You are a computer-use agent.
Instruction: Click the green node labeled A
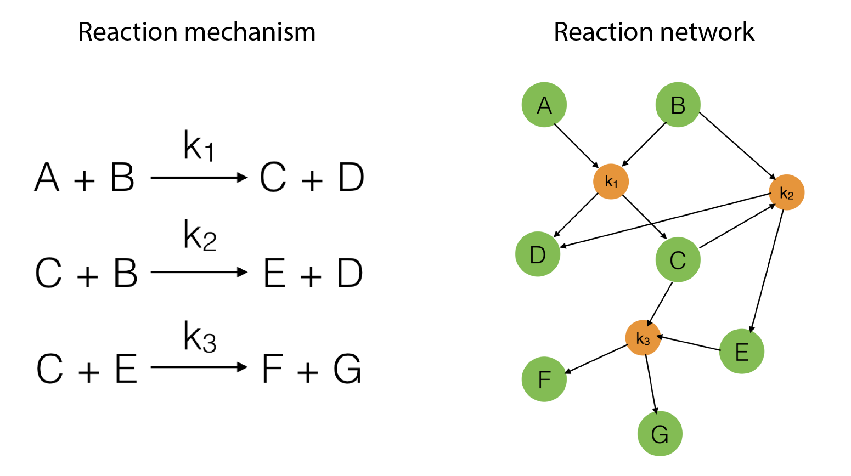[x=544, y=105]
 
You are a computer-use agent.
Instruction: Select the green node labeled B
[x=678, y=105]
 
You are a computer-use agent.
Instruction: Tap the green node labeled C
[x=678, y=259]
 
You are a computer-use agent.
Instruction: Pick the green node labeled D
[x=538, y=254]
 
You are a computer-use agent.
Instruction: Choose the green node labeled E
[x=741, y=351]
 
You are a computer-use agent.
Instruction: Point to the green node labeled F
[x=544, y=379]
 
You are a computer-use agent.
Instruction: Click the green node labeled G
[x=660, y=434]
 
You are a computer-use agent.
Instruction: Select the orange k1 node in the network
[x=611, y=182]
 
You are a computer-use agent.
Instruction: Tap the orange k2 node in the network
[x=786, y=193]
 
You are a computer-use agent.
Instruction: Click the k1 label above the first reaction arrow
[x=199, y=146]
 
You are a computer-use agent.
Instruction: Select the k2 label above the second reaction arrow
[x=200, y=235]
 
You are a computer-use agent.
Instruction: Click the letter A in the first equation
[x=47, y=178]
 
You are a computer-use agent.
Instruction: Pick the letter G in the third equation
[x=347, y=369]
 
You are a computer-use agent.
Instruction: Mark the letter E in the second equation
[x=274, y=273]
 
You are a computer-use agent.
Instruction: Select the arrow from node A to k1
[x=576, y=146]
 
